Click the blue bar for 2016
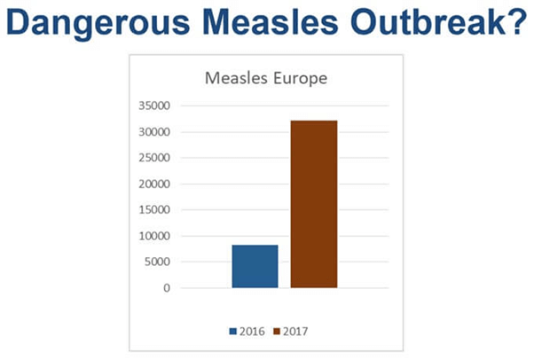pyautogui.click(x=255, y=266)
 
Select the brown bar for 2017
pyautogui.click(x=313, y=204)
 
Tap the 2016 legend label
pyautogui.click(x=253, y=331)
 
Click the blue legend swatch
pyautogui.click(x=235, y=331)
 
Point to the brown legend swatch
pyautogui.click(x=277, y=331)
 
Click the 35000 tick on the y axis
pyautogui.click(x=155, y=106)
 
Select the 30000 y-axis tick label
pyautogui.click(x=155, y=132)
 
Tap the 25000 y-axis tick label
pyautogui.click(x=155, y=158)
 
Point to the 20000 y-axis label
pyautogui.click(x=155, y=184)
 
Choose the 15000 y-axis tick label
pyautogui.click(x=155, y=210)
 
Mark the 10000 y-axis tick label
pyautogui.click(x=155, y=236)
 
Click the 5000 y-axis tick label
pyautogui.click(x=158, y=262)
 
